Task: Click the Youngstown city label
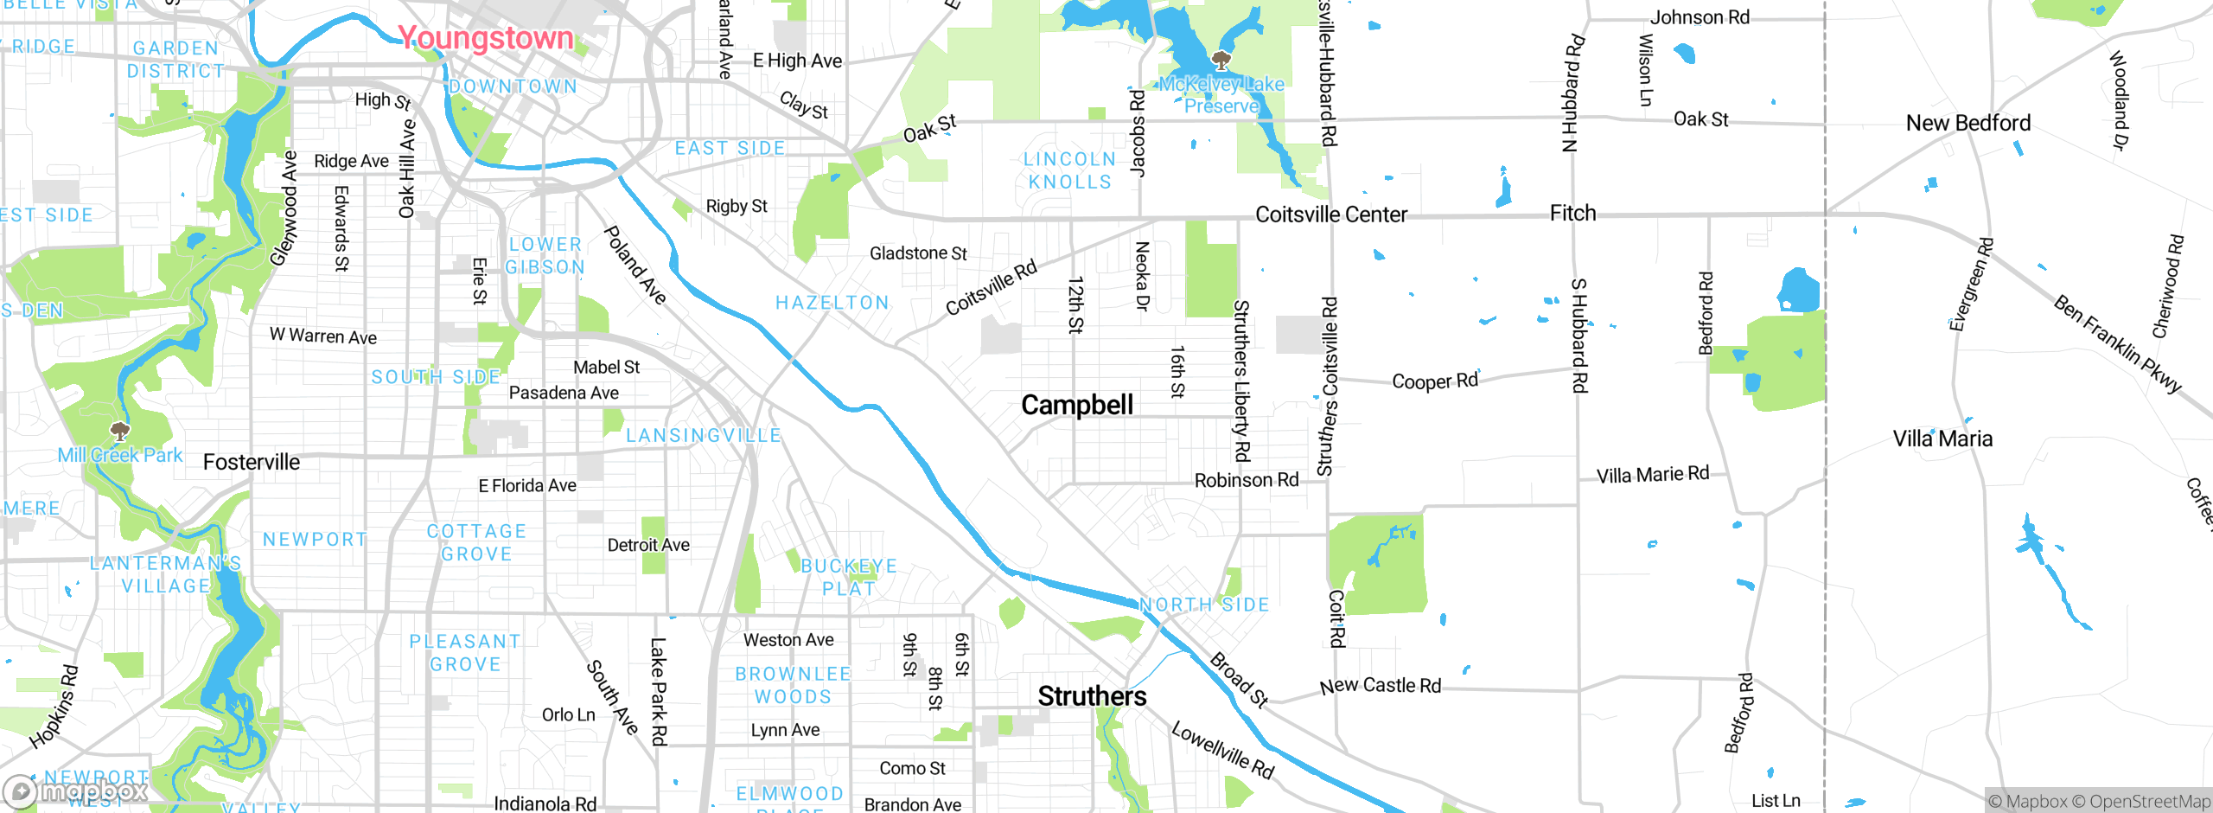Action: (485, 38)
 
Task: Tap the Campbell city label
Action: (1076, 405)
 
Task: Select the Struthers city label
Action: (1092, 696)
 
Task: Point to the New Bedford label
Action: (1968, 123)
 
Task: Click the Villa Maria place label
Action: (1942, 439)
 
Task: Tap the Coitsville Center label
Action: (1330, 214)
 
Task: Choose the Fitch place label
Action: (1572, 213)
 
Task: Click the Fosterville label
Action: (252, 462)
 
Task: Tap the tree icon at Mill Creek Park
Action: (120, 431)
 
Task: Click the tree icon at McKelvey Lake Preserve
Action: (1221, 61)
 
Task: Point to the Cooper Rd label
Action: (1435, 381)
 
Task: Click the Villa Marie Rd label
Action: (1652, 474)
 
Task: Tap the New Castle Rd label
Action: (1381, 686)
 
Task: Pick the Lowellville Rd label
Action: (1222, 750)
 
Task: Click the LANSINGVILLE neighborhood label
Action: (704, 436)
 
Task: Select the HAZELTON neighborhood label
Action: (832, 303)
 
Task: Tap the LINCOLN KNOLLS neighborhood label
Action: (1070, 170)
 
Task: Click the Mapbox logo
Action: (76, 791)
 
